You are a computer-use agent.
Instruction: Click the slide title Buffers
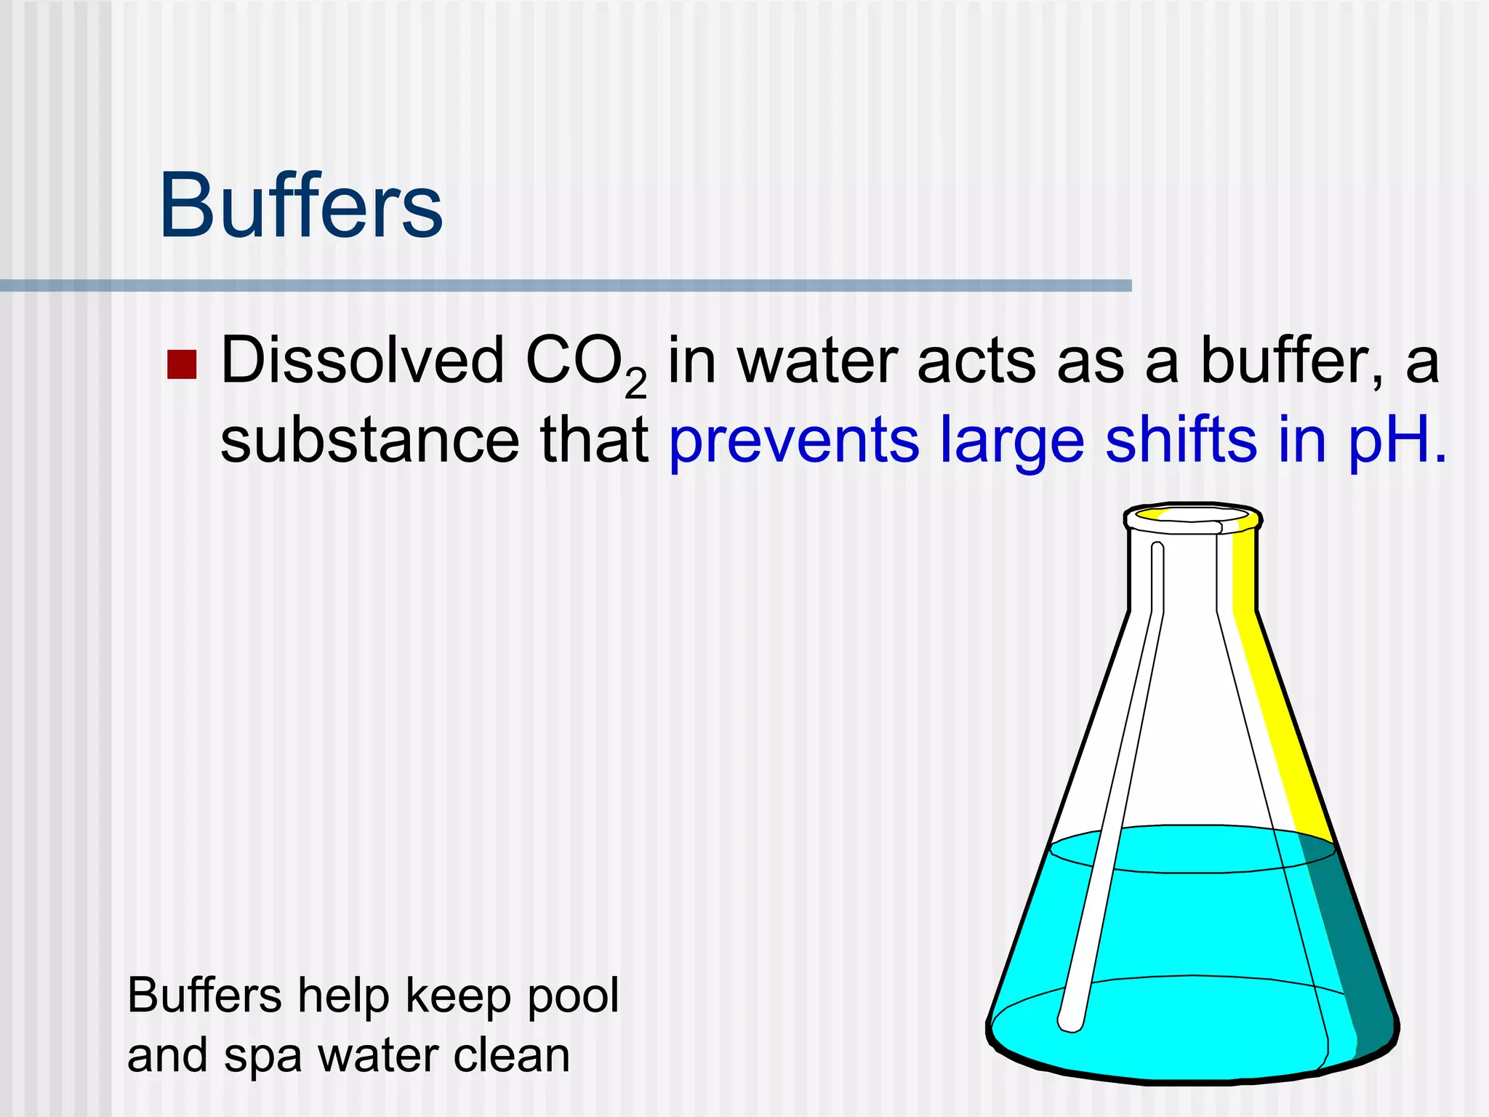300,206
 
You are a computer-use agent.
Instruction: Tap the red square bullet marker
182,365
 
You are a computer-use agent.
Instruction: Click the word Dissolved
362,361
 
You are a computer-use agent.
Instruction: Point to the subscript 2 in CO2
635,384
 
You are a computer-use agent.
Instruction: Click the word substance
369,441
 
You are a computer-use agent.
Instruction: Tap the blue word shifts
1181,441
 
